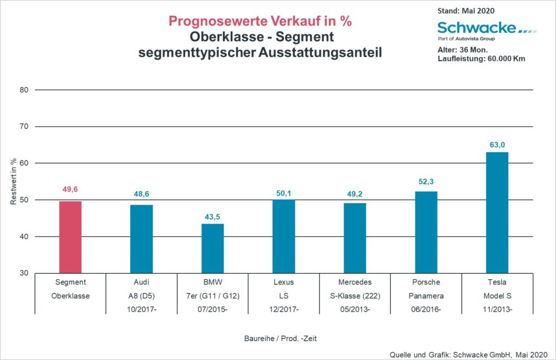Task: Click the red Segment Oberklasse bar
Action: [71, 237]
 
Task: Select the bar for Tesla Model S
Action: [497, 212]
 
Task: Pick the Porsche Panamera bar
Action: [426, 232]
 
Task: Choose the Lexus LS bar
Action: [283, 236]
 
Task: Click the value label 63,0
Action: [497, 144]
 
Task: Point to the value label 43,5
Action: [212, 216]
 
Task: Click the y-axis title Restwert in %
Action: [13, 182]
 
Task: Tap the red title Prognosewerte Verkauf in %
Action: [260, 21]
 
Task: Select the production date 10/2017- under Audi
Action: [142, 309]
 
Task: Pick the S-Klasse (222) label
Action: [355, 296]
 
